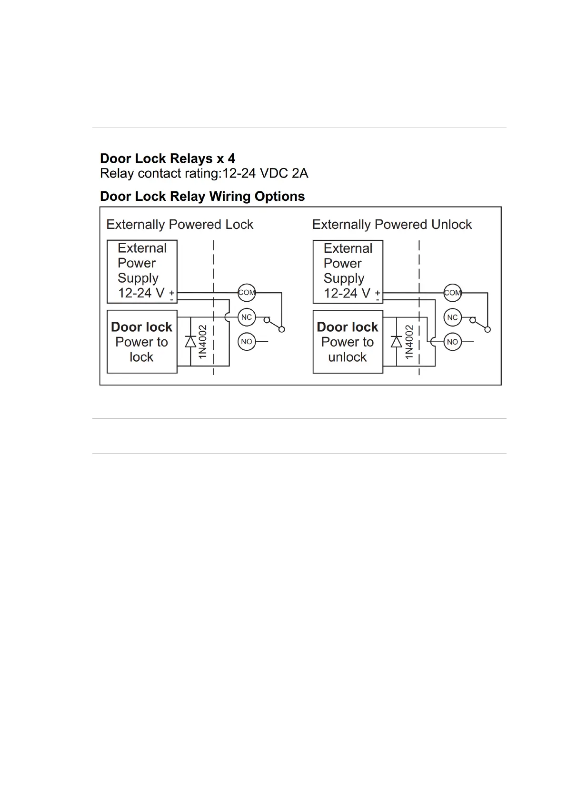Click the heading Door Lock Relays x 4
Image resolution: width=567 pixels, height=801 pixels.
[x=167, y=158]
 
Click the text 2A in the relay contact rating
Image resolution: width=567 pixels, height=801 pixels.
[x=300, y=173]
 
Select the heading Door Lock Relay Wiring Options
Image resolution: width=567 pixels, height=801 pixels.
[x=202, y=196]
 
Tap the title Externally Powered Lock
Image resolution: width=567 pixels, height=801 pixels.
[x=179, y=224]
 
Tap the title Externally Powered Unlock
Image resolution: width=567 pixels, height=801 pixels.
[x=392, y=224]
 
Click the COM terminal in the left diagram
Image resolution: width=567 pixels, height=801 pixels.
[x=247, y=292]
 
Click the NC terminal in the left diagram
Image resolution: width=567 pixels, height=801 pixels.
[x=247, y=317]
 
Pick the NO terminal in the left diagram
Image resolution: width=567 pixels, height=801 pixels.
[x=247, y=342]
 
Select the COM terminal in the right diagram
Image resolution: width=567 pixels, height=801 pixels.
[x=452, y=292]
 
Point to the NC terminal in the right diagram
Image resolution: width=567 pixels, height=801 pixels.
[x=452, y=317]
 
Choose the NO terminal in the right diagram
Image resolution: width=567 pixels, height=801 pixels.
[x=452, y=342]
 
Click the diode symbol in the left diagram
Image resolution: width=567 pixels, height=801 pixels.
[x=190, y=341]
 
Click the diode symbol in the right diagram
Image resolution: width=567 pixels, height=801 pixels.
[x=396, y=341]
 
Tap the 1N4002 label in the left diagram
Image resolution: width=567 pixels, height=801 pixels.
[x=203, y=342]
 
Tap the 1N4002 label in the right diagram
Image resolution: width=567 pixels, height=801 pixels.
[x=408, y=342]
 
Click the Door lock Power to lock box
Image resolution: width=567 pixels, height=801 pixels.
[x=142, y=342]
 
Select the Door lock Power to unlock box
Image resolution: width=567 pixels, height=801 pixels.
[x=348, y=342]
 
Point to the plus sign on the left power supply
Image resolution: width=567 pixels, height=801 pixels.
[x=171, y=293]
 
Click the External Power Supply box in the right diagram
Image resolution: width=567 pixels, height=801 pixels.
[x=348, y=271]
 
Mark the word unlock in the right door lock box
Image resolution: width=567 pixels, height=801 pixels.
[x=348, y=357]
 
